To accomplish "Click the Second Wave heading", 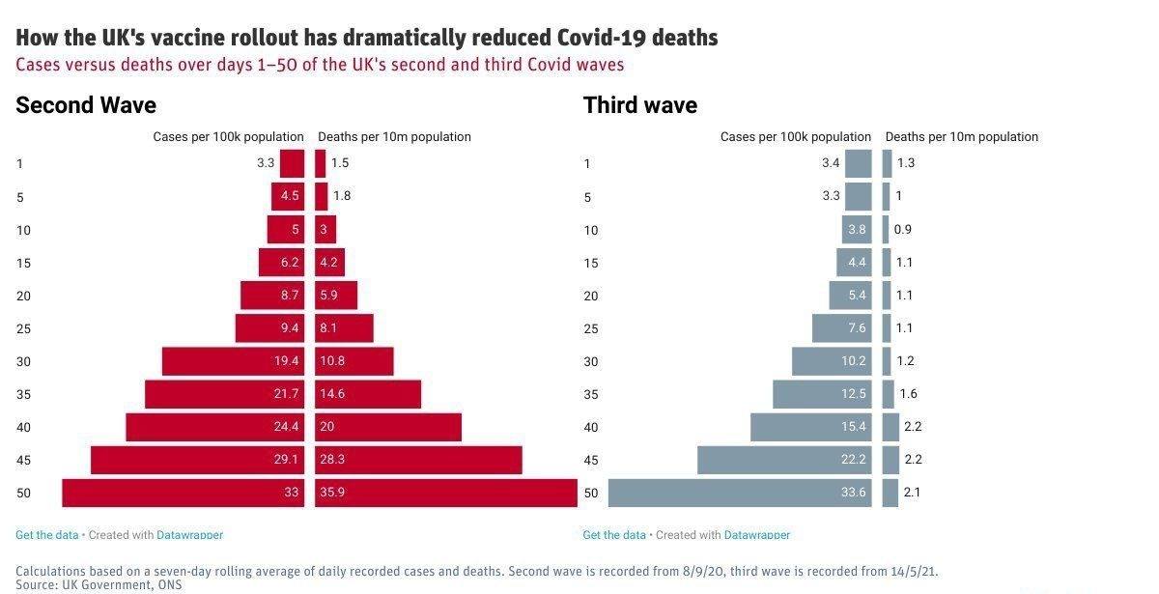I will [x=85, y=105].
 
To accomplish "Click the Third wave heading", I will [x=639, y=105].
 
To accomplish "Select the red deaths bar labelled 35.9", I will [x=445, y=493].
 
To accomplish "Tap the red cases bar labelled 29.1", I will [x=197, y=460].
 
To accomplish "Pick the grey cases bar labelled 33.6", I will [x=739, y=493].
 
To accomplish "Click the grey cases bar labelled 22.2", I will [x=783, y=460].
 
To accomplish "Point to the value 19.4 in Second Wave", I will [x=286, y=361].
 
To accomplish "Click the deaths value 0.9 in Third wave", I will [x=902, y=230].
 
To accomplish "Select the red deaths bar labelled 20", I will [x=387, y=427].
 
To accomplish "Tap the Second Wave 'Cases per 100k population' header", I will [x=228, y=137].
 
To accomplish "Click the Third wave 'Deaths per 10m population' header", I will [x=961, y=137].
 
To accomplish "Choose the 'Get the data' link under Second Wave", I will [x=47, y=534].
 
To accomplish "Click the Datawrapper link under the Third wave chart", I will [x=756, y=534].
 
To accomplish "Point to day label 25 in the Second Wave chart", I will [x=24, y=328].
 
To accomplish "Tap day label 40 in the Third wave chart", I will [x=591, y=427].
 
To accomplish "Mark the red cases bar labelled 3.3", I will [x=292, y=163].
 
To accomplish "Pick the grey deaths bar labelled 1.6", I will [x=888, y=394].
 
